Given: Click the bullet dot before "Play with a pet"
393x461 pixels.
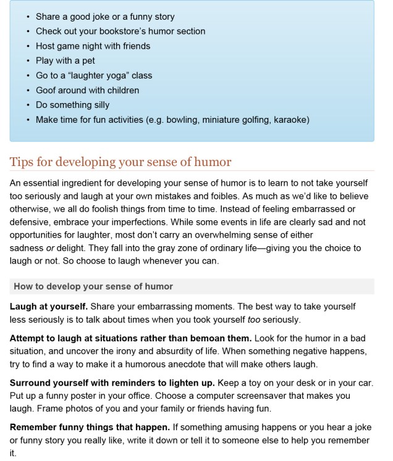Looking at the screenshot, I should click(x=28, y=60).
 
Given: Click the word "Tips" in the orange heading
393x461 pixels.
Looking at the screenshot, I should click(x=22, y=162).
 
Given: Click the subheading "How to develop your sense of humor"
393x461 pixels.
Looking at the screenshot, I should click(x=93, y=286).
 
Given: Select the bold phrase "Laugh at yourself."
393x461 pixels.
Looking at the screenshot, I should click(x=49, y=307).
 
